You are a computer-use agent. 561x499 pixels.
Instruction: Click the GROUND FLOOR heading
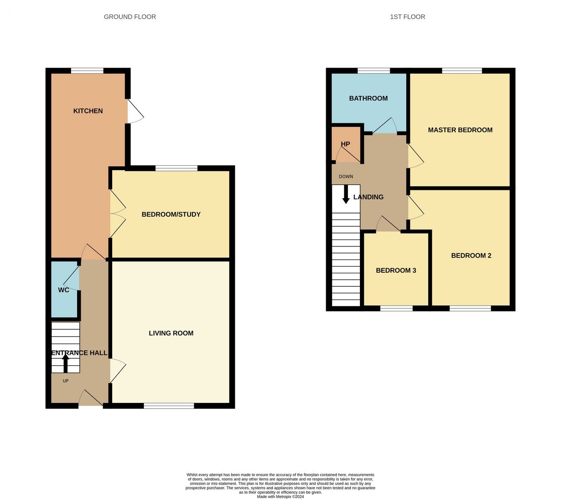(130, 17)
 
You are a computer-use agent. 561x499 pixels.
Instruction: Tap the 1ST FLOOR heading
(407, 17)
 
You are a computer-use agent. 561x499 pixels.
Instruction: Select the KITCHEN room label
(88, 111)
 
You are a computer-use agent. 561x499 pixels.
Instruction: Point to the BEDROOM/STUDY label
(171, 214)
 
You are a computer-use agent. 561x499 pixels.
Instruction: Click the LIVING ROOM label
(171, 333)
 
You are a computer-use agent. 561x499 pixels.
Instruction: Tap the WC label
(64, 290)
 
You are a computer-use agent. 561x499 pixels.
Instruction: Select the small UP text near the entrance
(66, 381)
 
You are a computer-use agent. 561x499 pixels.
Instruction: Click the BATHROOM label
(368, 98)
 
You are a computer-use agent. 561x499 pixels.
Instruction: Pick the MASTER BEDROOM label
(460, 130)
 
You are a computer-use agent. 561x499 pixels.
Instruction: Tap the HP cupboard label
(345, 144)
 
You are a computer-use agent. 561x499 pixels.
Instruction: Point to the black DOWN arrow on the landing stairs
(346, 195)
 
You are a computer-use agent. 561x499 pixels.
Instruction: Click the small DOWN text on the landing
(346, 177)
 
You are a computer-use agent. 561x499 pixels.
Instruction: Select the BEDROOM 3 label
(396, 271)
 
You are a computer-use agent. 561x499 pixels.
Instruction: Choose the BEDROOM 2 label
(471, 256)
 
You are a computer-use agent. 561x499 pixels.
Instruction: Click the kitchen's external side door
(135, 111)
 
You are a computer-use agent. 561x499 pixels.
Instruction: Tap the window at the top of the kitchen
(87, 71)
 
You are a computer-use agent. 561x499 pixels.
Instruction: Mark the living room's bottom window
(169, 406)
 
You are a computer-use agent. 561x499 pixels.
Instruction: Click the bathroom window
(373, 71)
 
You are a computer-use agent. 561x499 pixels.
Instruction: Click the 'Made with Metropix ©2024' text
(280, 496)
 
